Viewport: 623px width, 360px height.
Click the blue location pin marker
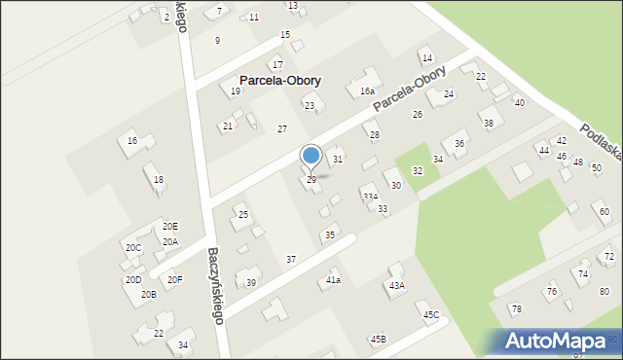tap(311, 157)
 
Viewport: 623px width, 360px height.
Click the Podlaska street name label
tap(602, 146)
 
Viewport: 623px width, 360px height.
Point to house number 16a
tap(367, 90)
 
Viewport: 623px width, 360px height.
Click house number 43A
tap(396, 285)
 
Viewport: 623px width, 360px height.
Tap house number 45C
tap(430, 314)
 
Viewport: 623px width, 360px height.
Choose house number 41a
tap(333, 280)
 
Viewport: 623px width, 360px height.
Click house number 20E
tap(170, 226)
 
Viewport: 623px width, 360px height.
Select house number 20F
tap(174, 280)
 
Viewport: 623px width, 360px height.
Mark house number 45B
tap(378, 339)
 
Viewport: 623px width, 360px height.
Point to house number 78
tap(517, 308)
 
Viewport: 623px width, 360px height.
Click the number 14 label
tap(426, 59)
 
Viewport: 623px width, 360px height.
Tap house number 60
tap(604, 212)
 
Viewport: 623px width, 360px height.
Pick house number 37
tap(290, 259)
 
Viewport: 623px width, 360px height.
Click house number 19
tap(236, 90)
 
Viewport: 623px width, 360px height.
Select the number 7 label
tap(219, 11)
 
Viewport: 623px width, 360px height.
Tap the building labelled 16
tap(131, 141)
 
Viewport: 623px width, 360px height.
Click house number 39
tap(250, 282)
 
